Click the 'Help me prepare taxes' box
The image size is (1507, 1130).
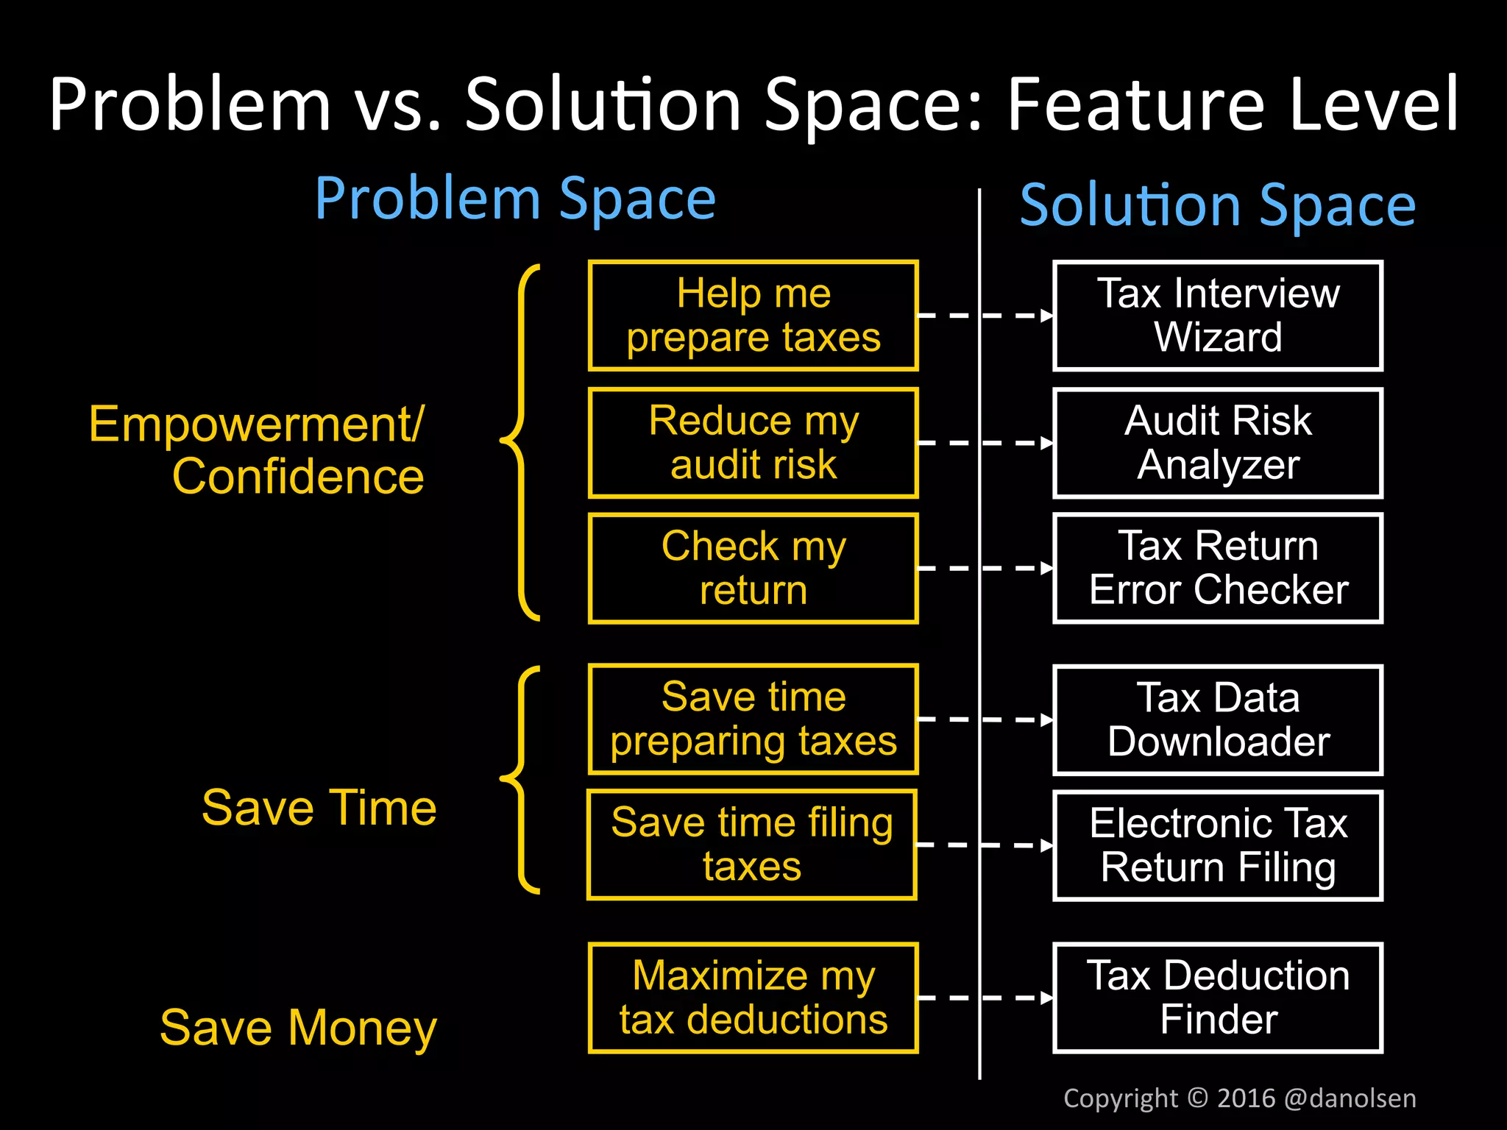click(753, 316)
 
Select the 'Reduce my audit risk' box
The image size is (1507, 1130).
click(753, 443)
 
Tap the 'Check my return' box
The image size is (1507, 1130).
click(753, 568)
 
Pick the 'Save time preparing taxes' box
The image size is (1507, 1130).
click(753, 719)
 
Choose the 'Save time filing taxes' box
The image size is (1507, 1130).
click(751, 845)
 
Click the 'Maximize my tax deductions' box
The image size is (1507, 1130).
click(753, 998)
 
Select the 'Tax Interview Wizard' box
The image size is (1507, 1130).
click(1218, 316)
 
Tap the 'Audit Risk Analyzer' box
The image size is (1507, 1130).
click(1218, 443)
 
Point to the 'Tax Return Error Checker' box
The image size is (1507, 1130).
click(1218, 568)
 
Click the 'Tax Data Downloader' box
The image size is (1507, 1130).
click(1218, 719)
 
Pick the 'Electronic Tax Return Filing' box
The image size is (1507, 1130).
click(1218, 845)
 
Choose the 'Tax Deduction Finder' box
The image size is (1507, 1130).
click(1218, 998)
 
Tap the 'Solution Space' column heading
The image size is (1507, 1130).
click(1218, 205)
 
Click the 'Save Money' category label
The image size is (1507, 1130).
click(298, 1028)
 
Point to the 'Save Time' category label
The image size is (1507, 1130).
click(319, 808)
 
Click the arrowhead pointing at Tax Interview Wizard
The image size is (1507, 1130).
click(1047, 316)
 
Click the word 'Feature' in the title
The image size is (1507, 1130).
click(1138, 104)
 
